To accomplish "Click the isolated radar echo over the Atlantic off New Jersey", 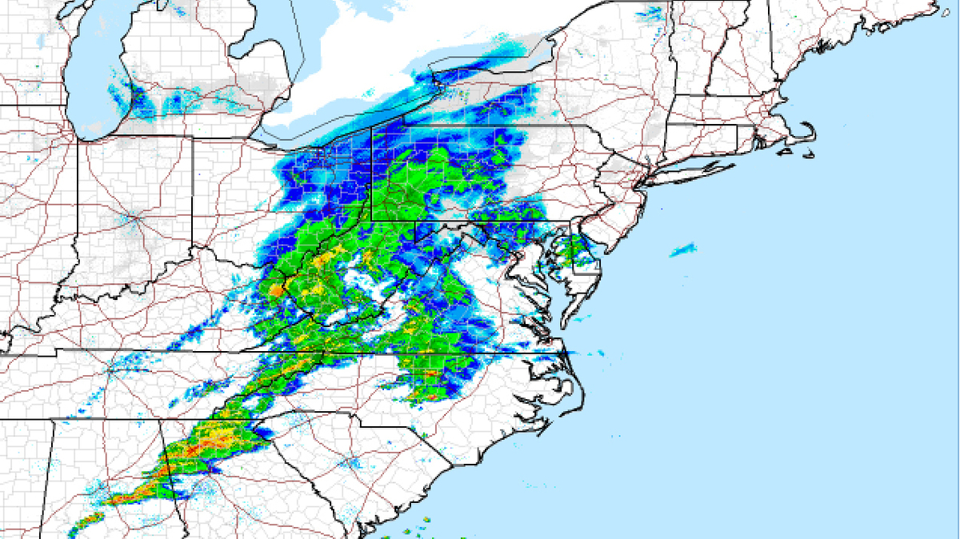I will [x=682, y=250].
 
